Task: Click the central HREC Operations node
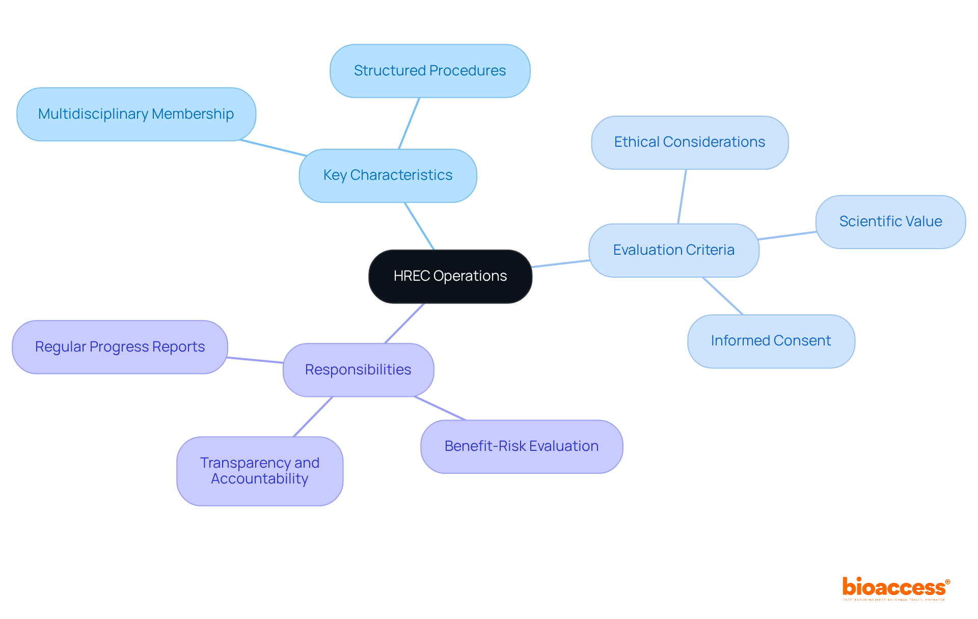pyautogui.click(x=450, y=276)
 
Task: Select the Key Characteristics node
pyautogui.click(x=388, y=175)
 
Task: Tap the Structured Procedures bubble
pyautogui.click(x=430, y=71)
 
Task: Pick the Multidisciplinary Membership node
pyautogui.click(x=136, y=114)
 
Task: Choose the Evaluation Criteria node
pyautogui.click(x=673, y=250)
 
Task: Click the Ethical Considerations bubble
pyautogui.click(x=690, y=142)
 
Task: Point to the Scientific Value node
pyautogui.click(x=890, y=222)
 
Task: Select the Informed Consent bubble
pyautogui.click(x=771, y=341)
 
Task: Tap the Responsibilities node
pyautogui.click(x=358, y=370)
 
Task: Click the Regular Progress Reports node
pyautogui.click(x=120, y=347)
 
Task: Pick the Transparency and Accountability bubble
pyautogui.click(x=260, y=471)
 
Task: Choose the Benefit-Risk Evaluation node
pyautogui.click(x=522, y=446)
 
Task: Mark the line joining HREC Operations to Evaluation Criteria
pyautogui.click(x=560, y=263)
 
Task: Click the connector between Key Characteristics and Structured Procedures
pyautogui.click(x=409, y=123)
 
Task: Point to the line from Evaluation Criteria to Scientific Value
pyautogui.click(x=787, y=235)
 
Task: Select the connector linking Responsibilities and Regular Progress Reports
pyautogui.click(x=255, y=360)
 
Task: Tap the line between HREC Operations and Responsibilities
pyautogui.click(x=404, y=323)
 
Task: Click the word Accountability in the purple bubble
pyautogui.click(x=260, y=479)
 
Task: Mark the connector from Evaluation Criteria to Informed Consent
pyautogui.click(x=723, y=296)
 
